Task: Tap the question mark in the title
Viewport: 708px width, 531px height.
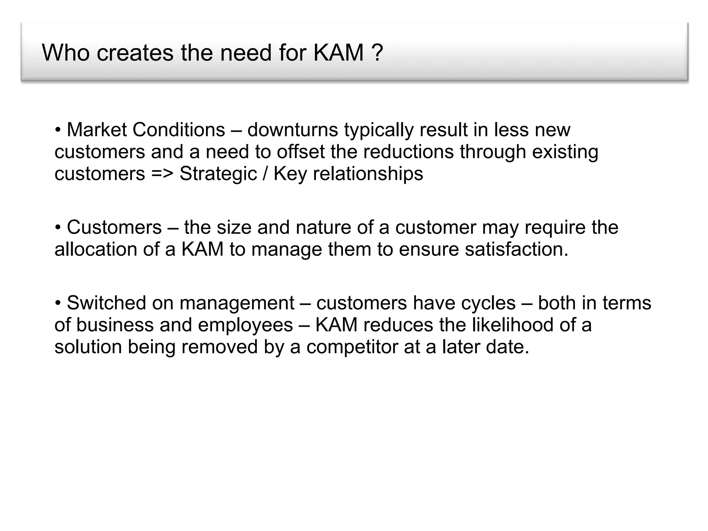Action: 378,53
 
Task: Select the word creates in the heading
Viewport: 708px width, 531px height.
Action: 135,53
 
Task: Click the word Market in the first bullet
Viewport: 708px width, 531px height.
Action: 97,130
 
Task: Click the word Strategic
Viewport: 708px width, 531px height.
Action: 218,174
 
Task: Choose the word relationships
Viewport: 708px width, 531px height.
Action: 368,174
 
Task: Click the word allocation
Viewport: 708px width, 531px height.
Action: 96,249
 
